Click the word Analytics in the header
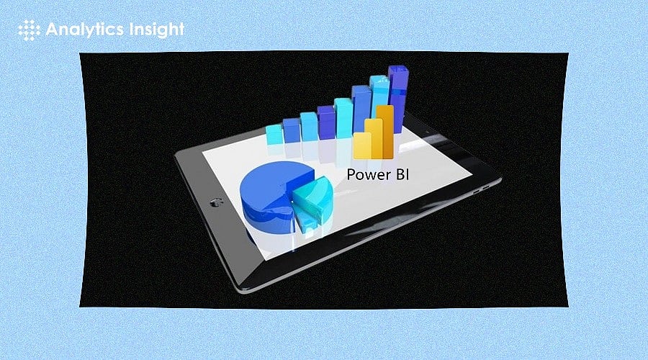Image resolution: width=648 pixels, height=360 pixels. pos(85,29)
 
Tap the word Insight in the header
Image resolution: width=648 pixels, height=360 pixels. pos(156,29)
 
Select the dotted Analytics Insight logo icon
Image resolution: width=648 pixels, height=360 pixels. pos(27,29)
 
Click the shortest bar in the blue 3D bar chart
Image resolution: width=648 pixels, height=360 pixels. pos(274,135)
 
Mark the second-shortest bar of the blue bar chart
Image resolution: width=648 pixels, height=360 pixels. pos(292,130)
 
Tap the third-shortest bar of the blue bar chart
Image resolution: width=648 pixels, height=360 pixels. pos(308,126)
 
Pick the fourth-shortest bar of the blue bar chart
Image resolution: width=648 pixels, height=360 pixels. pos(325,122)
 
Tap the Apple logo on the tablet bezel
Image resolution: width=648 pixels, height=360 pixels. pos(214,202)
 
